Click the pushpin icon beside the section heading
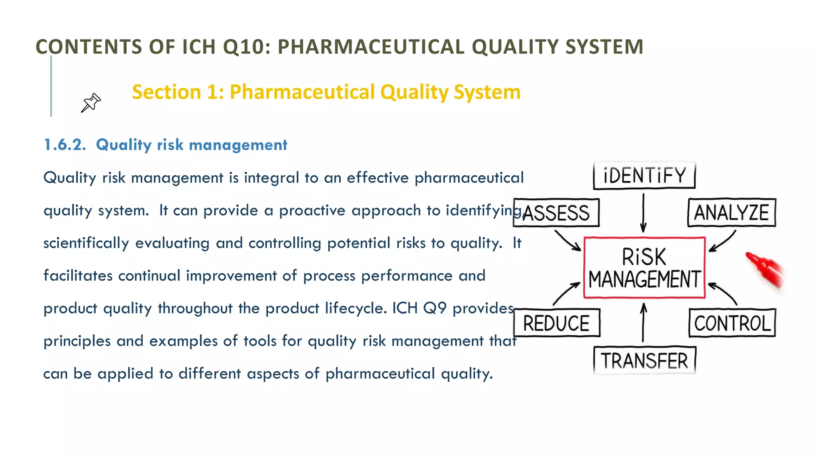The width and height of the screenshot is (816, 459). coord(91,103)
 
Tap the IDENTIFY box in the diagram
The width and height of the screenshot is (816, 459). coord(644,175)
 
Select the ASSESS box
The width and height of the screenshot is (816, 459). coord(556,213)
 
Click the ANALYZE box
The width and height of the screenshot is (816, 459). coord(732,213)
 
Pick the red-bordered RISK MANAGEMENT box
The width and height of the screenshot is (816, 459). coord(644,268)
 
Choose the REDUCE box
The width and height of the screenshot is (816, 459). coord(556,323)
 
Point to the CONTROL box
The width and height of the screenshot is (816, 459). coord(732,323)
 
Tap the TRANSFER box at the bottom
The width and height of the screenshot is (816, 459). coord(644,361)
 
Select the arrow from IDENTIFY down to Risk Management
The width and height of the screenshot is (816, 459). coord(643,213)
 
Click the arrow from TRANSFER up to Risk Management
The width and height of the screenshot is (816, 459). coord(643,323)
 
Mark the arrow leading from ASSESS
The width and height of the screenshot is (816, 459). coord(567,240)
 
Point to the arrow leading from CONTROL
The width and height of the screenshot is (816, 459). coord(723,293)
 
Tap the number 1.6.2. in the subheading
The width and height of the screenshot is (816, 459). coord(65,145)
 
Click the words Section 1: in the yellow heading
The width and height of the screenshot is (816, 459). coord(178,92)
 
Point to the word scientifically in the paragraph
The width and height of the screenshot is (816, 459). coord(86,243)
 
